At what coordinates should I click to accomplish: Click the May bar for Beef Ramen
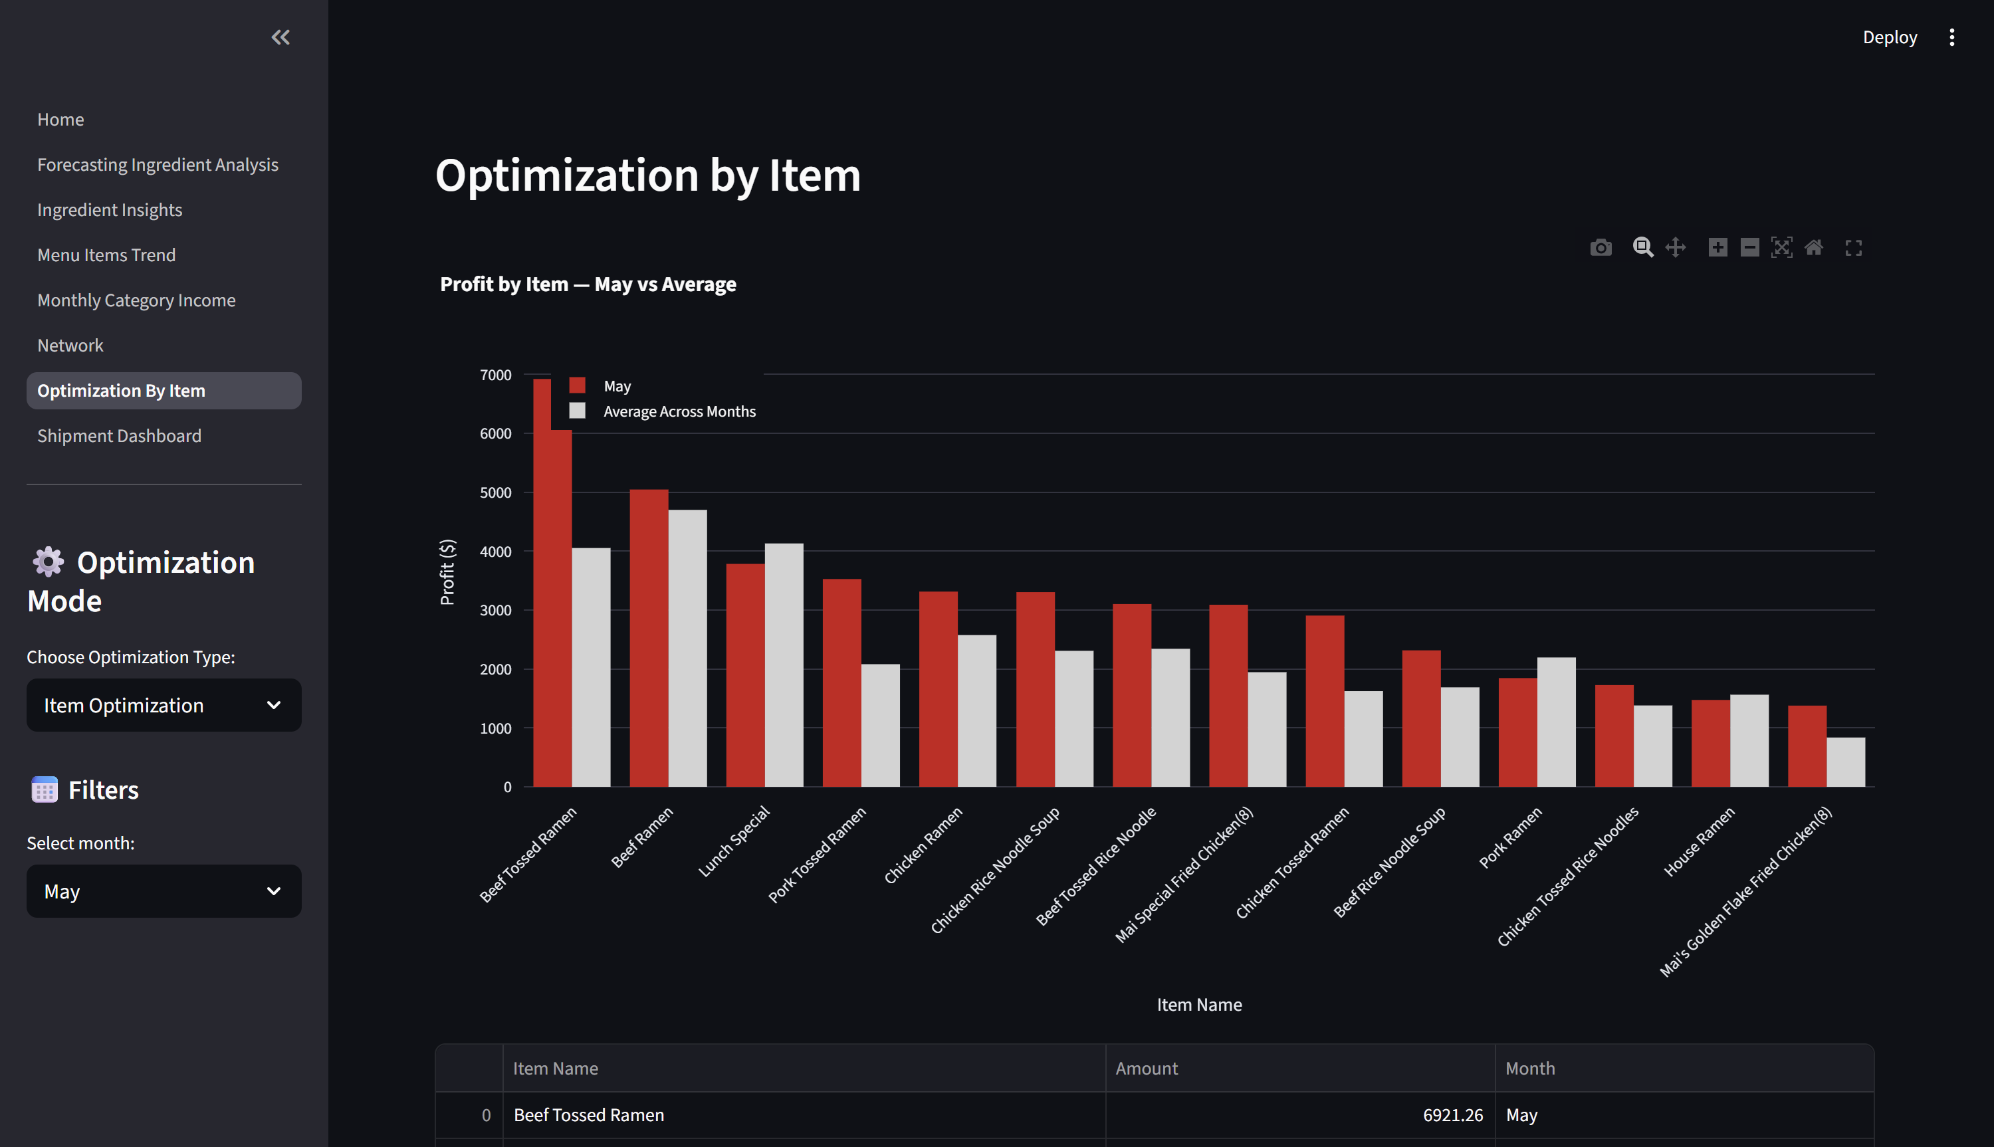[x=649, y=638]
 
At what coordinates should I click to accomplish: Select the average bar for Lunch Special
[x=784, y=665]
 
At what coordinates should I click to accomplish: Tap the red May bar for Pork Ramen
[x=1517, y=732]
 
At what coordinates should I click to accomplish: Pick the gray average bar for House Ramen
[x=1749, y=740]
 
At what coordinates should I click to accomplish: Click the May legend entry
[x=616, y=386]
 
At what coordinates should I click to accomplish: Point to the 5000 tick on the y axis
[x=496, y=492]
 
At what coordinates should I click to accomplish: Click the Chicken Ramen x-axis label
[x=923, y=845]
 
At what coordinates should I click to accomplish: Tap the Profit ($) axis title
[x=447, y=572]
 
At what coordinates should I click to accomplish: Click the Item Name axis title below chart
[x=1198, y=1004]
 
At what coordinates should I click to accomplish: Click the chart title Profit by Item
[x=588, y=284]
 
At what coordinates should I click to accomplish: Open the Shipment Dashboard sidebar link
[x=119, y=436]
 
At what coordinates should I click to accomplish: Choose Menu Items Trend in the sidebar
[x=106, y=255]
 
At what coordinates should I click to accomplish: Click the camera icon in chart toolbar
[x=1600, y=248]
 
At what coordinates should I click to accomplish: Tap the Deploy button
[x=1889, y=37]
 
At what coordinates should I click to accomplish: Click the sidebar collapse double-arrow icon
[x=280, y=37]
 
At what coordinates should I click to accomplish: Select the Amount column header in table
[x=1147, y=1068]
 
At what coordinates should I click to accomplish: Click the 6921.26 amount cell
[x=1452, y=1114]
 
